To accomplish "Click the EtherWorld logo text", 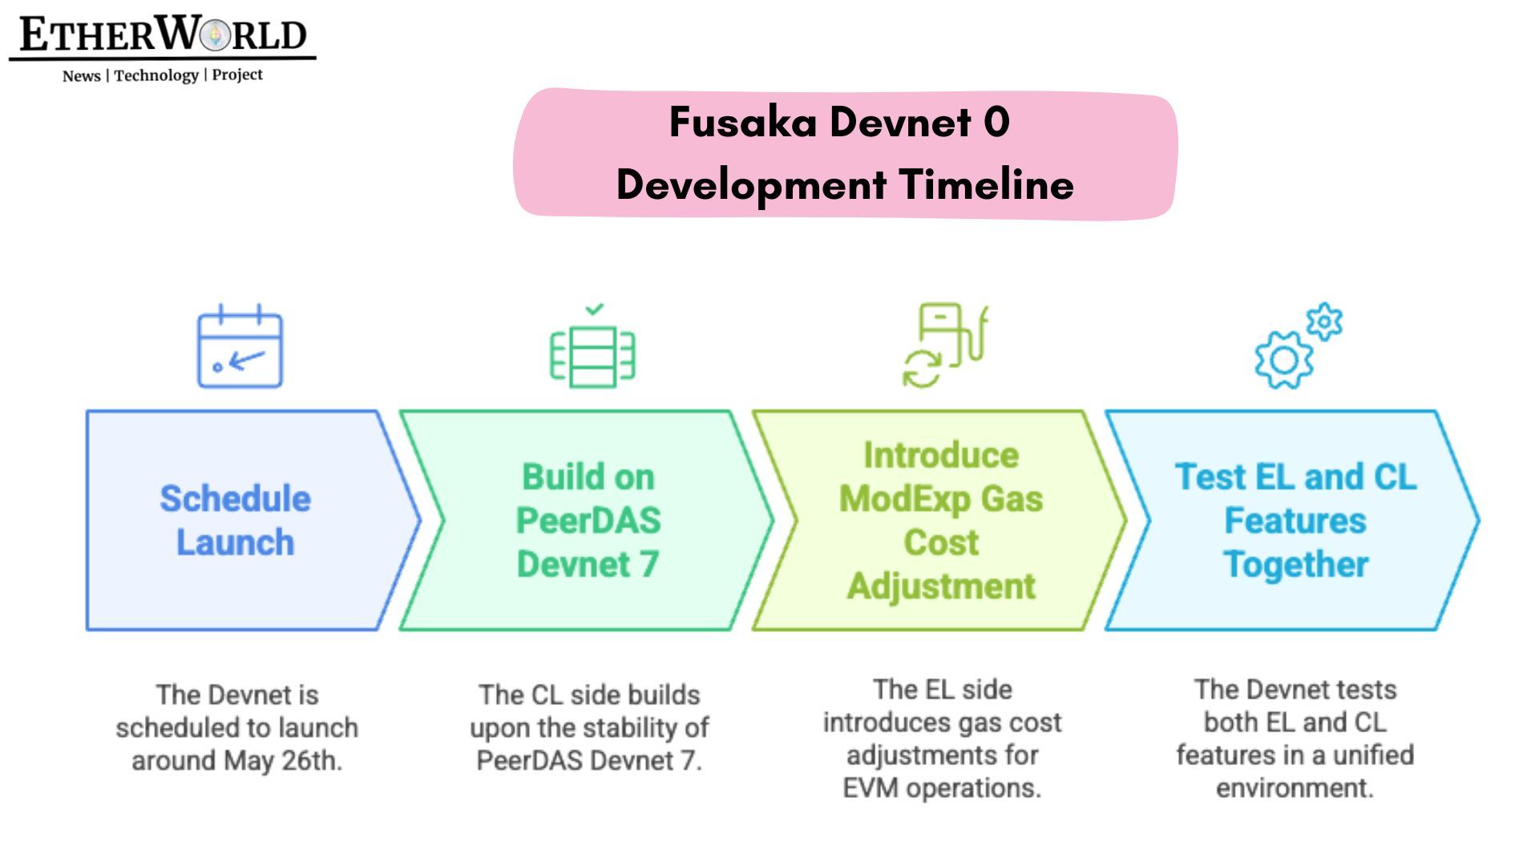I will (163, 35).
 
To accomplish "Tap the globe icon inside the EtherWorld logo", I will (214, 35).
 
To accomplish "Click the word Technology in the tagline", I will (156, 75).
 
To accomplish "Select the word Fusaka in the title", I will (743, 123).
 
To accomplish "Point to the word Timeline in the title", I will (987, 185).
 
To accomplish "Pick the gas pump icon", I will (946, 345).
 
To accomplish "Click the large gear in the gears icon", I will (1284, 360).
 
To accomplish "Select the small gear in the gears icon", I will (1324, 322).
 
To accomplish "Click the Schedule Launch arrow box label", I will (235, 520).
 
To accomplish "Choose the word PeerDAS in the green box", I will (588, 521).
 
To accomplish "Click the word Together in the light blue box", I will (1295, 565).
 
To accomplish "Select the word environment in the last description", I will (1294, 788).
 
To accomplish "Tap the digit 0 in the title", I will (996, 123).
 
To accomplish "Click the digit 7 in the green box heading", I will (649, 565).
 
